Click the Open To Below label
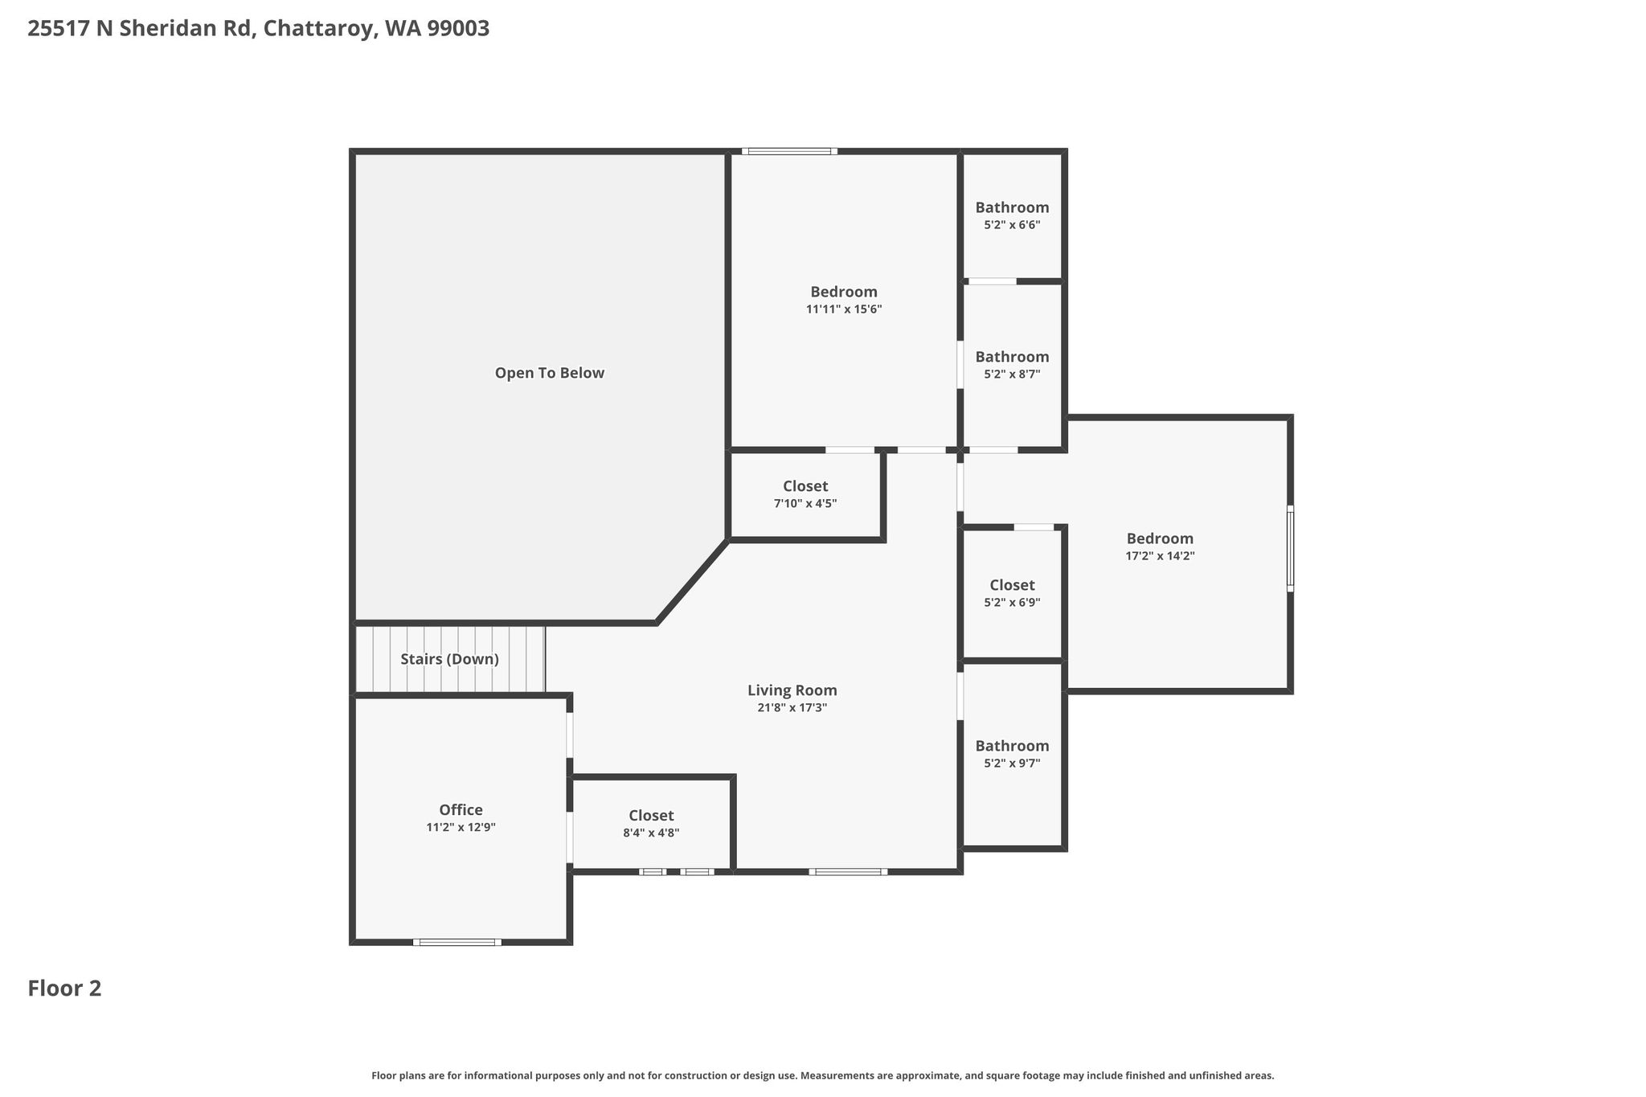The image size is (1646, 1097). click(549, 373)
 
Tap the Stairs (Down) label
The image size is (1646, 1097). click(449, 659)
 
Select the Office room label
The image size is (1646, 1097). click(461, 810)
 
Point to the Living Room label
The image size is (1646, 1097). click(792, 690)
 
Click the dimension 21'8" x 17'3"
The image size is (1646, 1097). click(792, 708)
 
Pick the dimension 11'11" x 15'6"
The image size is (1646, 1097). click(844, 309)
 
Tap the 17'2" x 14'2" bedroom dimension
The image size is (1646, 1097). click(1160, 555)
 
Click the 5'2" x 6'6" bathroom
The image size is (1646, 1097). click(1012, 215)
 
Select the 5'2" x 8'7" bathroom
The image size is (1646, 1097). click(1012, 366)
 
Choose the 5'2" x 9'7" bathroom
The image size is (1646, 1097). click(1012, 754)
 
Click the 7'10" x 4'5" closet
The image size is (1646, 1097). click(805, 494)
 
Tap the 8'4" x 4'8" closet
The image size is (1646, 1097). click(651, 824)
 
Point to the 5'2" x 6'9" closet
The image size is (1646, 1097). click(1012, 593)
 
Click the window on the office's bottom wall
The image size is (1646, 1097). click(457, 942)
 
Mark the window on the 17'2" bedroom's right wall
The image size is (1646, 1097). click(1290, 548)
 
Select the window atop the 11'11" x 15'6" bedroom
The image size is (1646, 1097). click(789, 151)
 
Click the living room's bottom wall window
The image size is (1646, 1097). click(848, 872)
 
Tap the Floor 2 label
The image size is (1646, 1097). click(64, 989)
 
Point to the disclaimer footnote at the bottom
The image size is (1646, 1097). click(822, 1075)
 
